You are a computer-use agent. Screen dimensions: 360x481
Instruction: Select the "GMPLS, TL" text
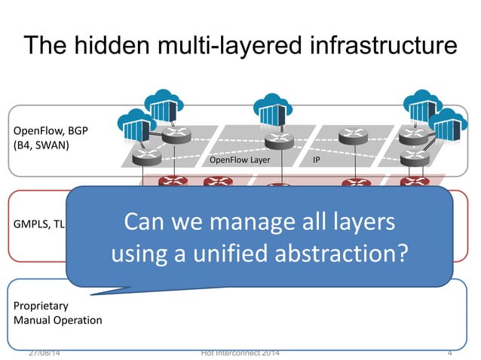click(x=35, y=224)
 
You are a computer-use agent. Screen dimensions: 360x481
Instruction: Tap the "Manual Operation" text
click(x=57, y=320)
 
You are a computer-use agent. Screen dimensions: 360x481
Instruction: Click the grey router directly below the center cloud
click(x=277, y=141)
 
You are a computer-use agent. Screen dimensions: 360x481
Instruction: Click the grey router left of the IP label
click(x=352, y=136)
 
